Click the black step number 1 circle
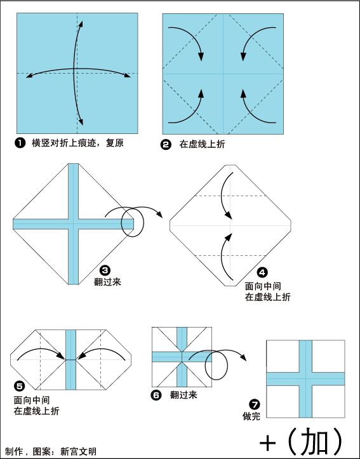coord(20,143)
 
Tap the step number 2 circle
coord(166,145)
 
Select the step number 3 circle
coord(105,270)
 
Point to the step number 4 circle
coord(262,272)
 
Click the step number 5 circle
coord(19,387)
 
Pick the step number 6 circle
coord(156,396)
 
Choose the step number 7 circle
coord(255,405)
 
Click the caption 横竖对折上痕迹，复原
coord(77,143)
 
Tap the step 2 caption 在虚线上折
coord(203,144)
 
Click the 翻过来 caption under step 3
coord(107,282)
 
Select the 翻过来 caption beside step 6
coord(183,395)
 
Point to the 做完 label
coord(251,416)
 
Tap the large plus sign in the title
coord(267,444)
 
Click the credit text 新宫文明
coord(78,451)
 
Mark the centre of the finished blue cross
coord(305,378)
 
